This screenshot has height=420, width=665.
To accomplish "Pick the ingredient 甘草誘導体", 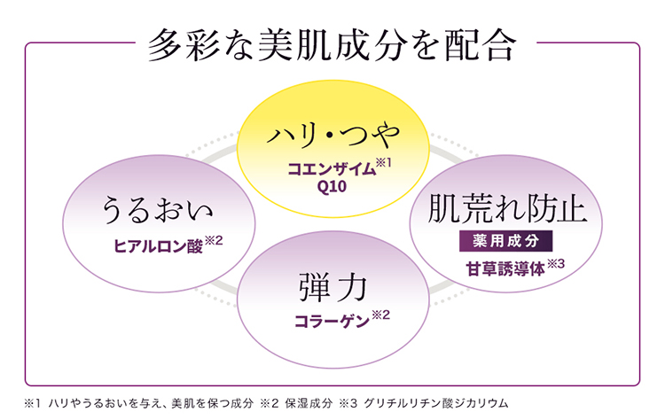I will point(501,268).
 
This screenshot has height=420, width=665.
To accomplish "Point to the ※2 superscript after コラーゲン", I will point(380,315).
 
